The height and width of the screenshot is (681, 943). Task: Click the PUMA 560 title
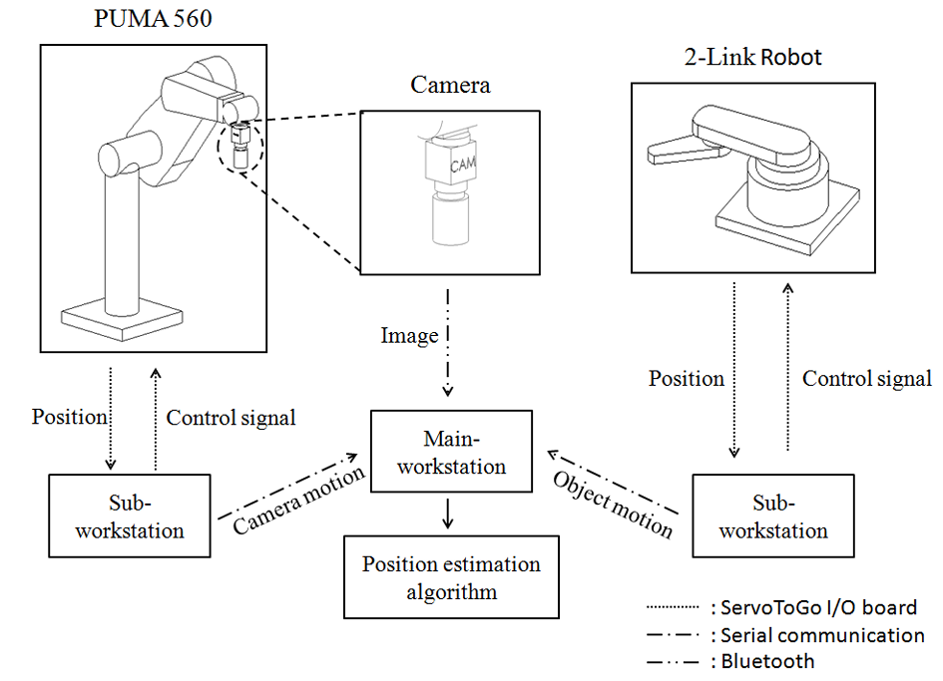[x=154, y=19]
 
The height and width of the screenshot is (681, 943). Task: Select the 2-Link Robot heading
[x=752, y=57]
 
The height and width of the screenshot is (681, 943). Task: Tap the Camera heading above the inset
[x=450, y=85]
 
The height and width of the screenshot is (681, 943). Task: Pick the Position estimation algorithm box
[x=451, y=577]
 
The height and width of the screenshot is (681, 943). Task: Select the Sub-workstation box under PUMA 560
[x=130, y=515]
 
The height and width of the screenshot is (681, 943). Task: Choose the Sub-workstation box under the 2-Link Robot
[x=773, y=515]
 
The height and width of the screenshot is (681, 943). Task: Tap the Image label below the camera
[x=409, y=336]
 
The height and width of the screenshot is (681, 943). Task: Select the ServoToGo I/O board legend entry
[x=813, y=607]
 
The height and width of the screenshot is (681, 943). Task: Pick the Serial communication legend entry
[x=817, y=634]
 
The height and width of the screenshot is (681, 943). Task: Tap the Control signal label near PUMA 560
[x=231, y=418]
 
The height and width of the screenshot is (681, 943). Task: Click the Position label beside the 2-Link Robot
[x=687, y=379]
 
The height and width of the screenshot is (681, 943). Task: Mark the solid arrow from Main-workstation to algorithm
[x=451, y=512]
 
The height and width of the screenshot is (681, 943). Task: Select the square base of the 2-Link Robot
[x=788, y=214]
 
